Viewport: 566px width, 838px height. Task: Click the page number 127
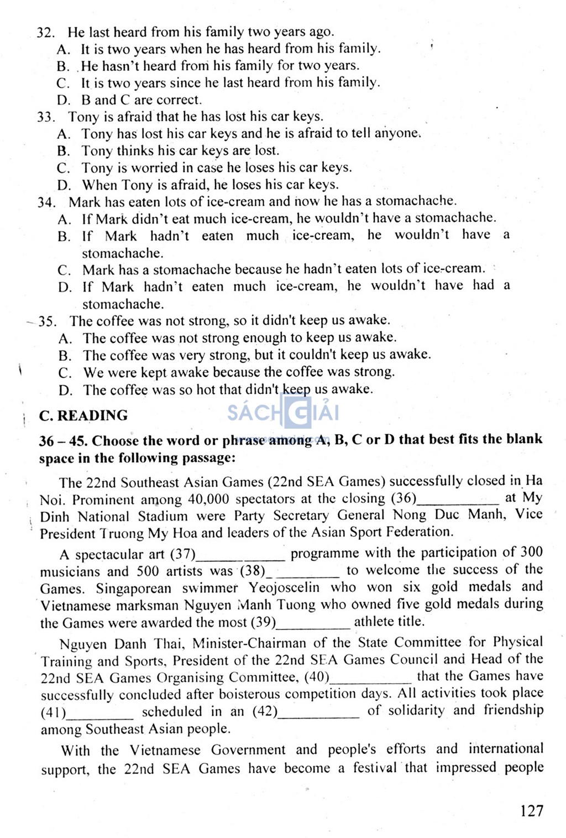pos(532,811)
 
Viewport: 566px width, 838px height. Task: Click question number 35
pos(47,321)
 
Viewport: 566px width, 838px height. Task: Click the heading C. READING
pos(83,415)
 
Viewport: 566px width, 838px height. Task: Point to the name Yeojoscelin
pos(284,587)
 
